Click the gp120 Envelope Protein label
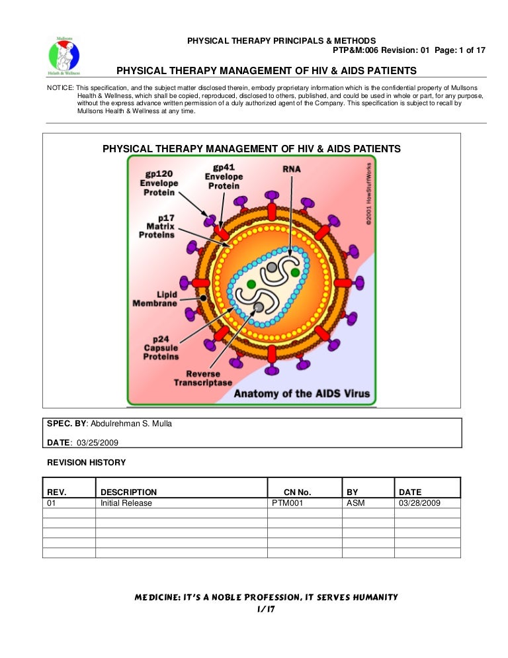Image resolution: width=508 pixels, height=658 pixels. pyautogui.click(x=159, y=183)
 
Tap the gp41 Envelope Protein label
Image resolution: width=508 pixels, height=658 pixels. pyautogui.click(x=224, y=177)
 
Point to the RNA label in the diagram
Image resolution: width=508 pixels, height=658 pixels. pyautogui.click(x=291, y=169)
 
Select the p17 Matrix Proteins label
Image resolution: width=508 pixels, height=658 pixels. pyautogui.click(x=157, y=226)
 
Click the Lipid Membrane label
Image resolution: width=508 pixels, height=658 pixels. pyautogui.click(x=155, y=299)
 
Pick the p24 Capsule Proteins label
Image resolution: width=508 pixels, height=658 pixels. pyautogui.click(x=161, y=347)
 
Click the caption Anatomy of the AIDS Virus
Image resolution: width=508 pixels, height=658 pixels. pyautogui.click(x=302, y=395)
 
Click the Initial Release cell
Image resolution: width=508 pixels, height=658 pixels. pyautogui.click(x=126, y=503)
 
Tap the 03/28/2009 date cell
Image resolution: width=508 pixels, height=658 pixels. pyautogui.click(x=419, y=503)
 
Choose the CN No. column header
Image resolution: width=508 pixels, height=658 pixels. pyautogui.click(x=297, y=492)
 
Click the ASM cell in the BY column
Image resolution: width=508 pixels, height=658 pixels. pyautogui.click(x=356, y=503)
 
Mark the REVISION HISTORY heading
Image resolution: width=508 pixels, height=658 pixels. pyautogui.click(x=86, y=463)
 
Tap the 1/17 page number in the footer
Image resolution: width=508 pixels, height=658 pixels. pyautogui.click(x=266, y=609)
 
